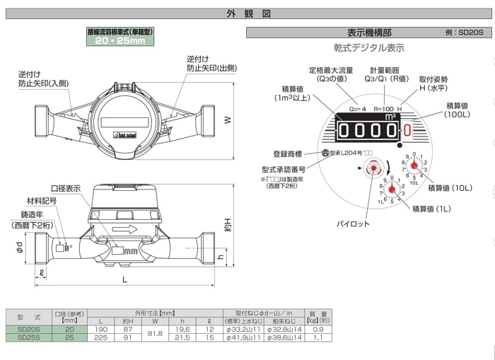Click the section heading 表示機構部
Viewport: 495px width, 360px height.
[x=370, y=33]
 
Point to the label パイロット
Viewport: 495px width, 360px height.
[x=352, y=223]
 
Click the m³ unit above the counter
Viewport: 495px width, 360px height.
[x=390, y=117]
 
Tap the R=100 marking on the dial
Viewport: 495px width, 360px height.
[x=383, y=108]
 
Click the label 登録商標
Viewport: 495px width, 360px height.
[x=288, y=153]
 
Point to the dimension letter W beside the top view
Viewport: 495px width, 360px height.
[x=227, y=120]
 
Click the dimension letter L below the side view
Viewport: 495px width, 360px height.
[x=125, y=281]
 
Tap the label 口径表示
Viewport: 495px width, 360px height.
[x=66, y=188]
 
